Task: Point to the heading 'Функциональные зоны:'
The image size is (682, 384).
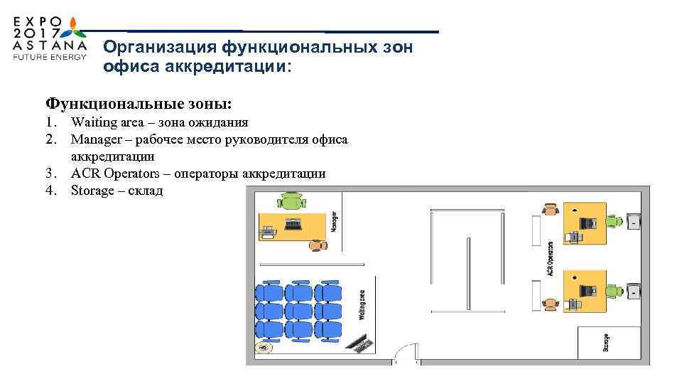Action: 138,104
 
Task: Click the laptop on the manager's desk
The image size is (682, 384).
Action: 293,223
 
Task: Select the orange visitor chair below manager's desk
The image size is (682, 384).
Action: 317,245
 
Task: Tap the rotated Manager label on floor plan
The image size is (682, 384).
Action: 335,221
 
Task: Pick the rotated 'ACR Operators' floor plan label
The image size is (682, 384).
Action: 550,259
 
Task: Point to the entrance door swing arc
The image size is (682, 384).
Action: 405,351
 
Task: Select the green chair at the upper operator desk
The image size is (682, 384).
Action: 615,221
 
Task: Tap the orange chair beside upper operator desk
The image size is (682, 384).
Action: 549,210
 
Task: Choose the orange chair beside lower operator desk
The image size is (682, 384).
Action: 549,303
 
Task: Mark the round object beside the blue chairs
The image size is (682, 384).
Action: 265,348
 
